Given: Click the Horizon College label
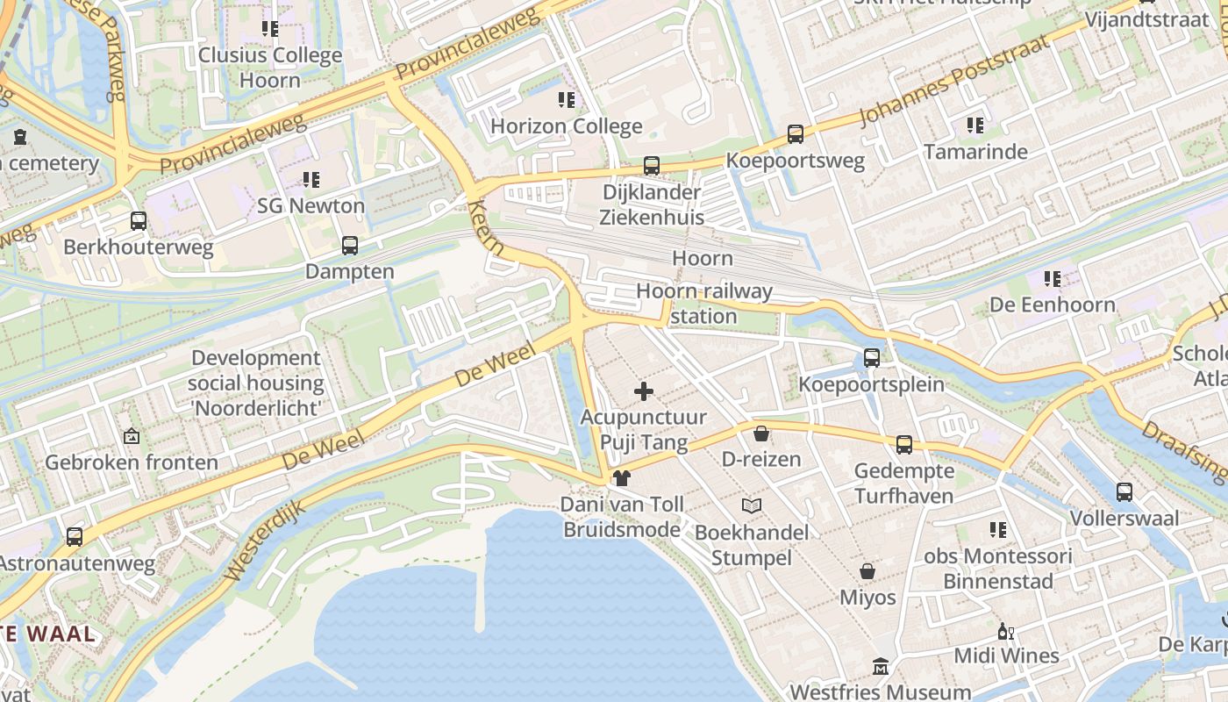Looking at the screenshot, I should (x=566, y=126).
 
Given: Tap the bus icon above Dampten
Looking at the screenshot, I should (x=350, y=246).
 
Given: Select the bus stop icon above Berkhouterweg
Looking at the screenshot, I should (x=139, y=221).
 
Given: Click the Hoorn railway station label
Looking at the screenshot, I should (x=703, y=303).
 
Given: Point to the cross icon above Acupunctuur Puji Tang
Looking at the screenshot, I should (x=644, y=391).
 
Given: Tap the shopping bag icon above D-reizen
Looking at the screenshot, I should (x=761, y=433).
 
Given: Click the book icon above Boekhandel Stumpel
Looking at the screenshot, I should (x=752, y=505).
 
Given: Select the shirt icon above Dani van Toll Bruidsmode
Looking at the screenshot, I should (x=622, y=478).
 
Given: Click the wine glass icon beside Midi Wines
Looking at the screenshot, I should (x=1005, y=631).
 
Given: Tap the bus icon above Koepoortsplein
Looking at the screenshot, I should (x=871, y=358).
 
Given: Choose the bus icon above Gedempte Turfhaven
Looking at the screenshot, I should (x=904, y=445).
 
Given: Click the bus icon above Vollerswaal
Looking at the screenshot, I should (x=1124, y=492).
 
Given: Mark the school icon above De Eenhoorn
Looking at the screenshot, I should (x=1053, y=279).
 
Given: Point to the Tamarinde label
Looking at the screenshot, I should (x=975, y=152).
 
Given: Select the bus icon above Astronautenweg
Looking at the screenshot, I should (x=75, y=537).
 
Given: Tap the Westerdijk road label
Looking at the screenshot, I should (x=264, y=541).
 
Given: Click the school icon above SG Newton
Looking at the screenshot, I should (x=311, y=180).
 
